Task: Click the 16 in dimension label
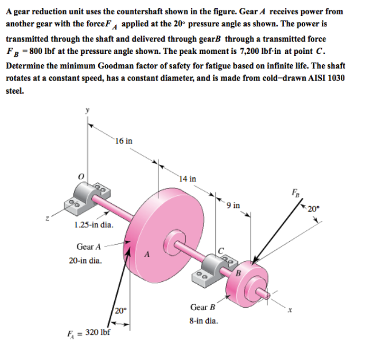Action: [123, 140]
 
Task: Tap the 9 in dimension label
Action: [233, 204]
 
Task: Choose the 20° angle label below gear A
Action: [120, 311]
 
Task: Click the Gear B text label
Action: [203, 308]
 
